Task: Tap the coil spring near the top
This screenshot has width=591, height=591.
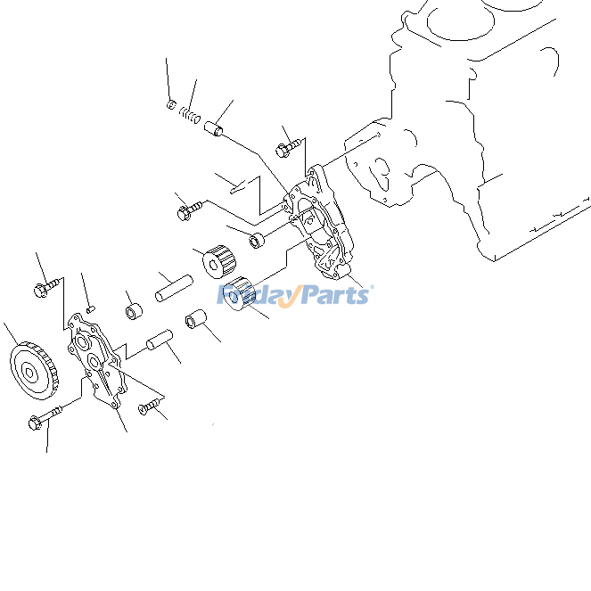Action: (x=189, y=115)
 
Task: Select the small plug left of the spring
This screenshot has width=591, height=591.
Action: (x=172, y=105)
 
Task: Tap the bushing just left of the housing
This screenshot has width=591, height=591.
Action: (x=257, y=240)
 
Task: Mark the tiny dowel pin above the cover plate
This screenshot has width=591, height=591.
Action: (x=91, y=308)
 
